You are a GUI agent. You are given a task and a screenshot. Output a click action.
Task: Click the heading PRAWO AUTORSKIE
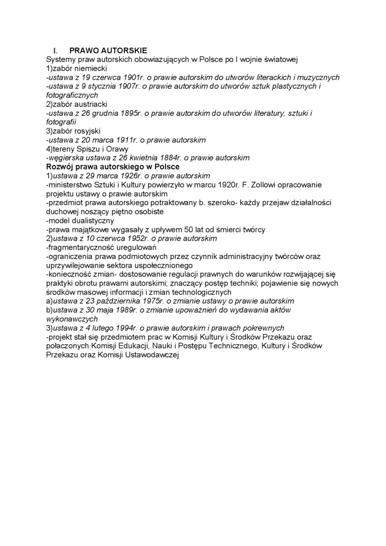coord(108,50)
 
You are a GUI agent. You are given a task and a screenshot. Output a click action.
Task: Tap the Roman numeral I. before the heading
coord(56,50)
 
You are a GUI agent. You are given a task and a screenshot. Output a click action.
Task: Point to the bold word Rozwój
coord(60,167)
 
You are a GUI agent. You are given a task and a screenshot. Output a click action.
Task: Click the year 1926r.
coord(123,176)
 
